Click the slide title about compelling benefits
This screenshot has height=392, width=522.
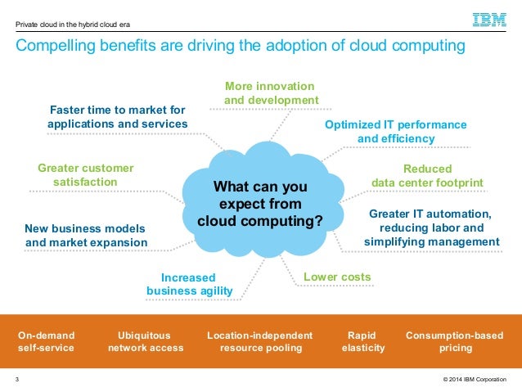241,47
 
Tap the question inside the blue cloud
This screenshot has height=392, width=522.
260,204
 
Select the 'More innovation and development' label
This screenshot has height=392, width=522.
271,93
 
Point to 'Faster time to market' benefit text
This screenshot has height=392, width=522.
117,116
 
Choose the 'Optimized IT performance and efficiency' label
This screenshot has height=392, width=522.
396,132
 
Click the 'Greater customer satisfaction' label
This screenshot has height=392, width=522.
85,174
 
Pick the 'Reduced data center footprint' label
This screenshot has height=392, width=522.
428,175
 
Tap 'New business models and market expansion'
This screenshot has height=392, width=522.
86,235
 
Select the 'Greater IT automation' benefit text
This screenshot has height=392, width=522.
431,228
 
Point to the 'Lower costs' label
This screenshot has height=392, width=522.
337,277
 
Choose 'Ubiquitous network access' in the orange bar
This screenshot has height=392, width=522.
146,341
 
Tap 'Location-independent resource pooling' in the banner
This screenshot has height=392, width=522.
259,341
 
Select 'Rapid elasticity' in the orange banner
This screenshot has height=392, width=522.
361,341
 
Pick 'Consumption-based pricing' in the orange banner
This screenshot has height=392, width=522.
455,341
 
